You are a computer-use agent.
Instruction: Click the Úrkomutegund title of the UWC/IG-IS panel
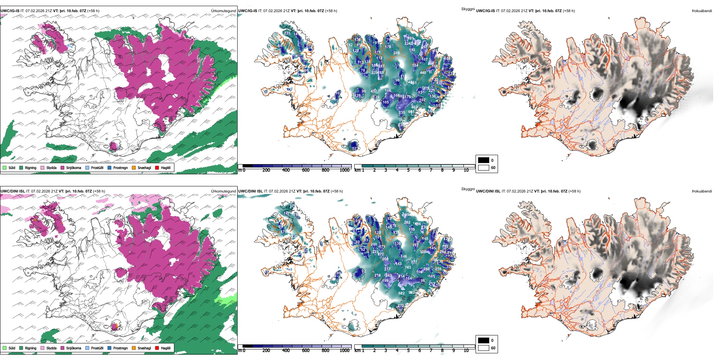pos(223,11)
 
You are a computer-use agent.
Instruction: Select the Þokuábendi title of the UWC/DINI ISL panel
pos(702,191)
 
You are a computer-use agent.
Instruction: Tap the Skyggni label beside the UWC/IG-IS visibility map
pos(468,9)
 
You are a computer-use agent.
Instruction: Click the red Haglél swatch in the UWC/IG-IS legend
pos(157,168)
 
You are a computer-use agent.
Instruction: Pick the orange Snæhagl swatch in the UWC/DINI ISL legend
pos(134,348)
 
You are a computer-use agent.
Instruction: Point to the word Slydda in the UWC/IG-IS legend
pos(51,168)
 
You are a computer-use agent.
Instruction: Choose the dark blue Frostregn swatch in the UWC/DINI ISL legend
pos(110,348)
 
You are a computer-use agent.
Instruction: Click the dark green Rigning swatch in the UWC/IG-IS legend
pos(21,168)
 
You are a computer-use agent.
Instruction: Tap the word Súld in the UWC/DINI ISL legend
pos(12,348)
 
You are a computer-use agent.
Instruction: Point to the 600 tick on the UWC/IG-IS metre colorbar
pos(306,170)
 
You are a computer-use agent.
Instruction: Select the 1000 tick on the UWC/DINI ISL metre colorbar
pos(344,351)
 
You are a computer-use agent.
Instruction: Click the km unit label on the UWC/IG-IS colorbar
pos(357,170)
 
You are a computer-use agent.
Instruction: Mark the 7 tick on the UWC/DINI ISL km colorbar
pos(431,351)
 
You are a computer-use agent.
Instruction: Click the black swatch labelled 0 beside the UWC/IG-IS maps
pos(484,160)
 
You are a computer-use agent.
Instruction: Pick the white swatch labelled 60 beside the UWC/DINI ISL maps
pos(484,348)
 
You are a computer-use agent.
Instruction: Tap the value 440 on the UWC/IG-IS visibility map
pos(423,73)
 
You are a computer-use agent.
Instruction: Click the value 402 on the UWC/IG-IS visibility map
pos(415,107)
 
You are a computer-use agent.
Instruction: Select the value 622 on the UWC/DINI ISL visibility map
pos(401,293)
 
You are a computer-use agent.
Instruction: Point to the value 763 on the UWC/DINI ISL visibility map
pos(408,268)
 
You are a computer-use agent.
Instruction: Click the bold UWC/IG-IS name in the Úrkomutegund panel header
pos(10,11)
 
